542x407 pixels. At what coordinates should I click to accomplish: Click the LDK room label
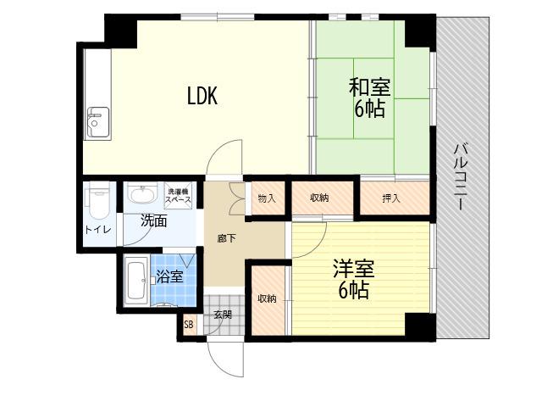(202, 96)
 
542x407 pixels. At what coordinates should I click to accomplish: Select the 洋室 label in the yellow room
(354, 269)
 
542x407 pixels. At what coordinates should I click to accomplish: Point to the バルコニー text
(460, 177)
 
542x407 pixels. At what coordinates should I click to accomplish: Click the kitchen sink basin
(98, 122)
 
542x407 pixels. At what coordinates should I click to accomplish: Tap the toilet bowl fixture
(98, 201)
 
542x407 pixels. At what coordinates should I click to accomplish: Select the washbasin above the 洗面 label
(142, 194)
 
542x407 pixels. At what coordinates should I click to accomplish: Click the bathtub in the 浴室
(136, 281)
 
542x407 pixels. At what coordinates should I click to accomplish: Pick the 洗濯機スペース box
(179, 196)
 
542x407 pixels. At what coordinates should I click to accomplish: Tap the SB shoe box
(189, 325)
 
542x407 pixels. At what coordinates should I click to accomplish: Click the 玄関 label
(222, 315)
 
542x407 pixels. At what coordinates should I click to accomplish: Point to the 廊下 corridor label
(227, 238)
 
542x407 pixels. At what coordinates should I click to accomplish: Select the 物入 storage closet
(267, 198)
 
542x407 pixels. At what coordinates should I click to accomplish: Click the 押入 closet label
(391, 198)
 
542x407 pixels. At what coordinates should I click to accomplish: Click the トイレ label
(98, 230)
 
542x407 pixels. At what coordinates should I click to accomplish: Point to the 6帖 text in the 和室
(369, 109)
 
